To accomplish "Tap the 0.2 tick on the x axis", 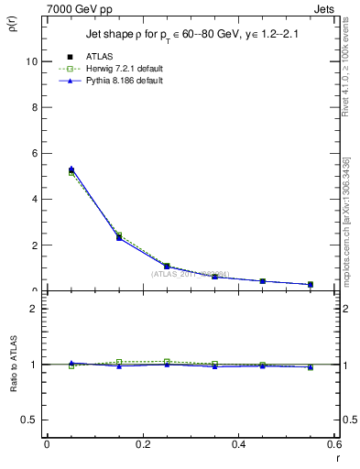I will (142, 444).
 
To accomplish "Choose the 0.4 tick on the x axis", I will (238, 444).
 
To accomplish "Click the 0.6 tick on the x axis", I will (333, 444).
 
